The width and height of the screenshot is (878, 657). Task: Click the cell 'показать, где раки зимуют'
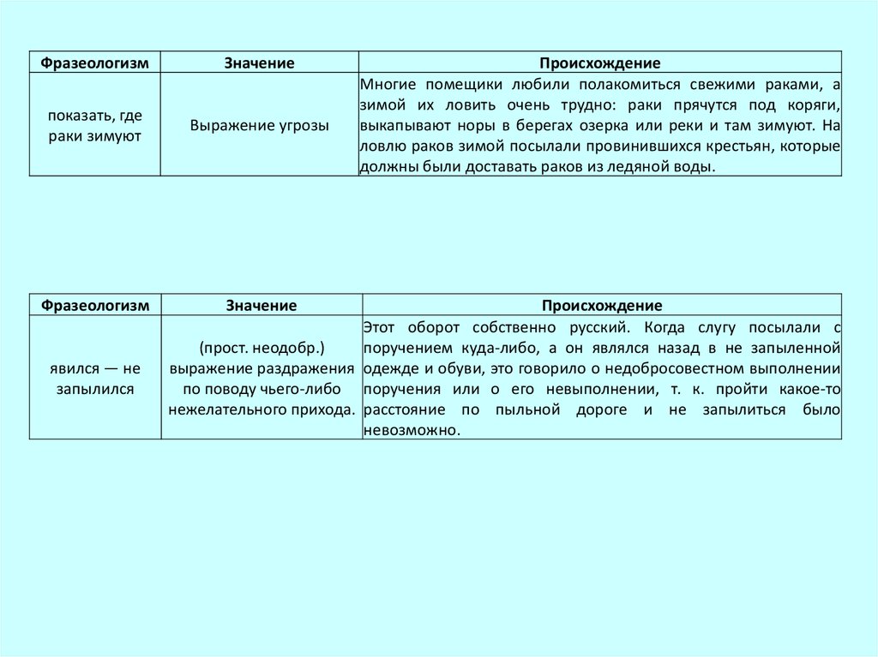point(95,125)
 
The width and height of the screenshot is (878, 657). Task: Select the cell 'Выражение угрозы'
point(260,125)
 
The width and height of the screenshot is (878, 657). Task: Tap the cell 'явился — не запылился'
point(95,378)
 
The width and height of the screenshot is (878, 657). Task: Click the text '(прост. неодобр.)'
point(262,348)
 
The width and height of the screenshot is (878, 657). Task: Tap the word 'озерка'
point(597,127)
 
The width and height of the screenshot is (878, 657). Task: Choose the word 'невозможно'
point(410,431)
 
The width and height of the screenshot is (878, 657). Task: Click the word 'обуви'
point(449,368)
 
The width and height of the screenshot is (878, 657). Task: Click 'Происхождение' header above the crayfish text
point(599,63)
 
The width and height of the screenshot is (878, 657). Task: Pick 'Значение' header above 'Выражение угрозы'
point(260,63)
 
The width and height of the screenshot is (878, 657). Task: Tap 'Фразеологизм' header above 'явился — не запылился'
point(95,305)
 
